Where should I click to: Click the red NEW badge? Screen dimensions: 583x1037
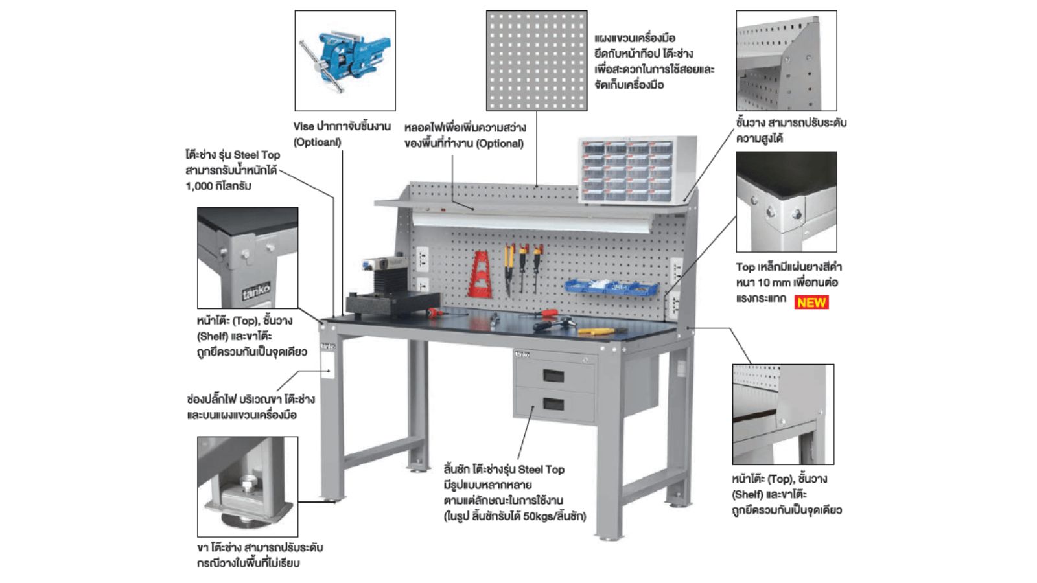click(811, 302)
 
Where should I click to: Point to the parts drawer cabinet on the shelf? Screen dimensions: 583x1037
click(638, 170)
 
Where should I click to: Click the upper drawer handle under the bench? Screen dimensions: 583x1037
click(553, 375)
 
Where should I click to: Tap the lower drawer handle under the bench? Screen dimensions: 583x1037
click(553, 405)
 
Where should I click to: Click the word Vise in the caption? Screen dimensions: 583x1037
click(303, 126)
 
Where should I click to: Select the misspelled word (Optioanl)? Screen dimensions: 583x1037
click(317, 142)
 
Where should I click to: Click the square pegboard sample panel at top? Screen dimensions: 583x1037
click(537, 60)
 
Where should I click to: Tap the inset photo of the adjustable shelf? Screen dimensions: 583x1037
click(786, 60)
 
